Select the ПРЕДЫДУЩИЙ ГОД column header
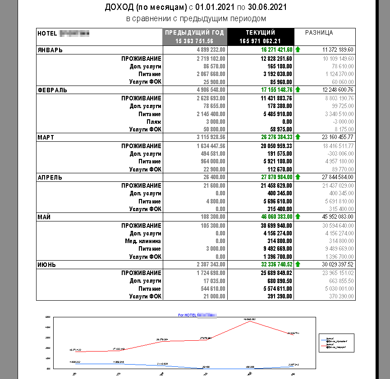click(x=195, y=32)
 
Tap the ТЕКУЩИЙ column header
click(x=260, y=32)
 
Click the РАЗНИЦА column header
click(x=319, y=32)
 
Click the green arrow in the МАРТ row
click(x=298, y=137)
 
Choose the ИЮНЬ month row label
click(x=46, y=265)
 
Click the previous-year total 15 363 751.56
click(x=195, y=41)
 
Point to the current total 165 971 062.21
click(x=260, y=41)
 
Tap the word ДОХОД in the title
click(x=118, y=7)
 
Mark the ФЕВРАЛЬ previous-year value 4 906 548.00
click(x=208, y=90)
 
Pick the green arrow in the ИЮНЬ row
click(x=298, y=265)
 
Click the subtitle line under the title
click(x=196, y=18)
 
